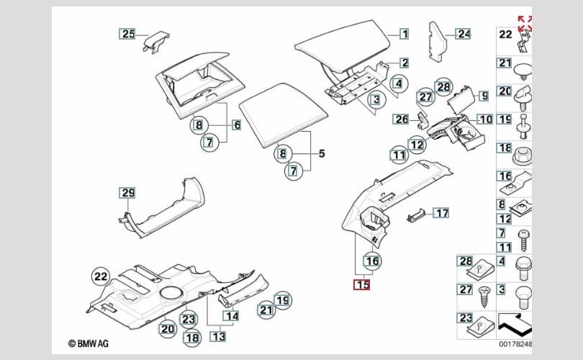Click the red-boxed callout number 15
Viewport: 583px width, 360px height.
coord(361,284)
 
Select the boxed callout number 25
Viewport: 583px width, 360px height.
coord(127,33)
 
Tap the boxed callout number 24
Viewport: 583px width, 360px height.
coord(463,33)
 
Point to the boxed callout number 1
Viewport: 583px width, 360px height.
coord(405,33)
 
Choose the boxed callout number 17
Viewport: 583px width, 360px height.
coord(440,213)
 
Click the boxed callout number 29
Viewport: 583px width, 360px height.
coord(127,192)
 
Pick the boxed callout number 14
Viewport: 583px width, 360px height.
coord(231,315)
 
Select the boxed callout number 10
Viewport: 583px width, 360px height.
coord(484,119)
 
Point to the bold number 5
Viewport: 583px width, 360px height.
coord(322,153)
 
